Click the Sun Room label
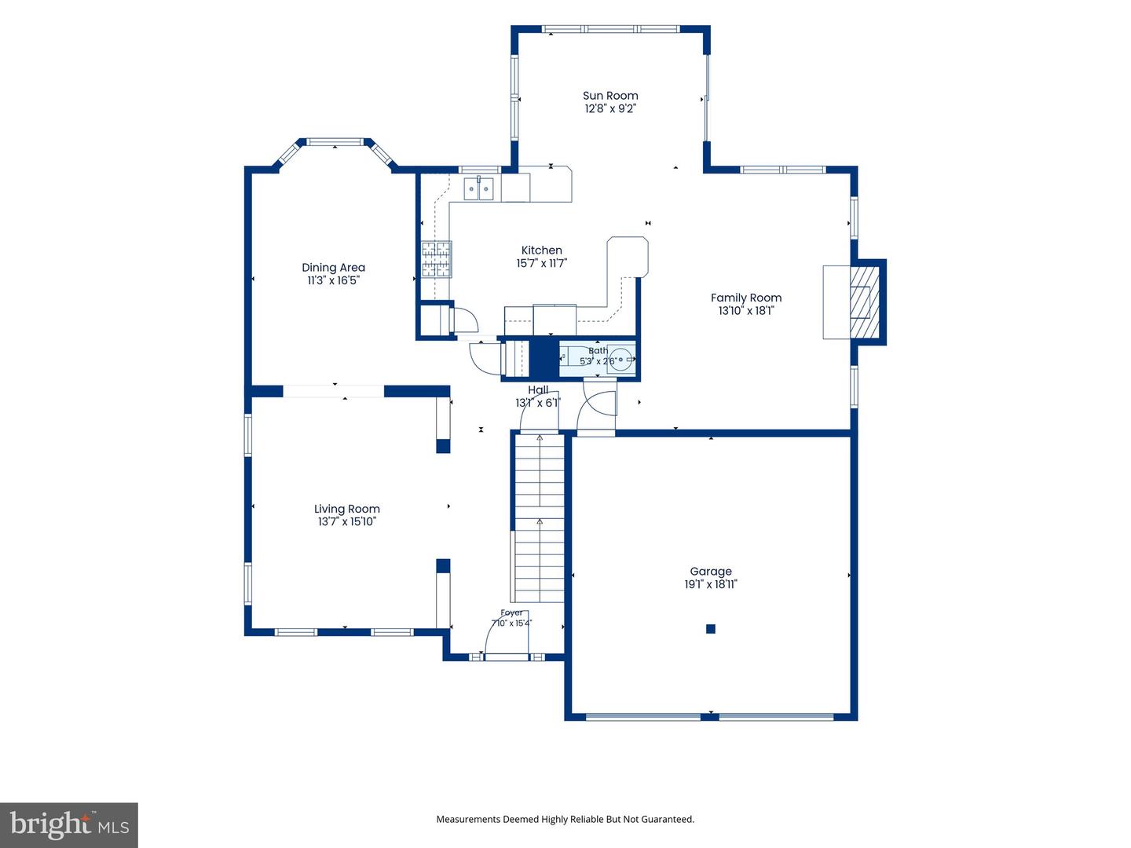tap(610, 96)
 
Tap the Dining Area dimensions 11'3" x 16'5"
tap(333, 280)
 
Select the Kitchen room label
tap(541, 250)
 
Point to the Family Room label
tap(746, 298)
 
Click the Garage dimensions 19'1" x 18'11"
tap(711, 584)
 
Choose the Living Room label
tap(347, 510)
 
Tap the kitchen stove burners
tap(437, 259)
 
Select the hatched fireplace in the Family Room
tap(864, 302)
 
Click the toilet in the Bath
tap(620, 359)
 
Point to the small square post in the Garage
tap(711, 629)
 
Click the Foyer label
tap(511, 612)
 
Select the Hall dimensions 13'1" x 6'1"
tap(538, 403)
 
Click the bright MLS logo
tap(69, 824)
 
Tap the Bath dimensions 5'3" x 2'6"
tap(598, 361)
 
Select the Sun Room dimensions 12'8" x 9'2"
tap(610, 108)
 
